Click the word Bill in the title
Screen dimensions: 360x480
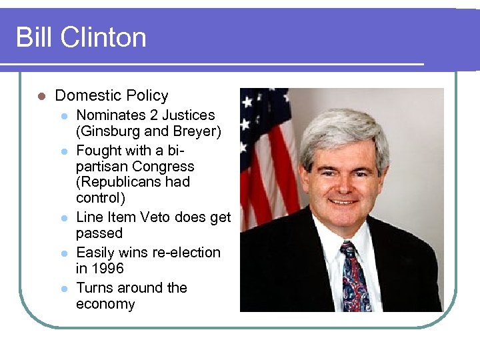[34, 37]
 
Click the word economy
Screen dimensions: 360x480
[105, 305]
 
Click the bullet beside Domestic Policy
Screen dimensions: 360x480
[41, 96]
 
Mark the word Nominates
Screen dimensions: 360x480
[108, 115]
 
